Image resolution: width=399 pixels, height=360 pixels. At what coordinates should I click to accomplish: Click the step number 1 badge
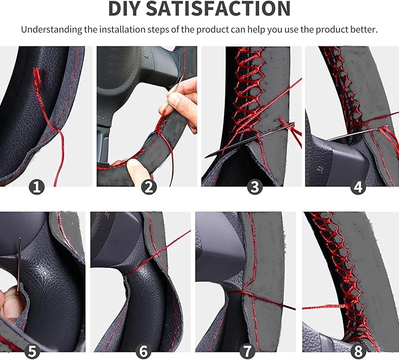(36, 187)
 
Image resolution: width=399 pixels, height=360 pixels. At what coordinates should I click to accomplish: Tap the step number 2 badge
(149, 187)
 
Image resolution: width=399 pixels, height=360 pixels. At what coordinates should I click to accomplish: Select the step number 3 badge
(254, 187)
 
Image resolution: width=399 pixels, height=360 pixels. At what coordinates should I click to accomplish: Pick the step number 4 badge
(358, 187)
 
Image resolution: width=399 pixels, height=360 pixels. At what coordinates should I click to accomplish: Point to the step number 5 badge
(32, 351)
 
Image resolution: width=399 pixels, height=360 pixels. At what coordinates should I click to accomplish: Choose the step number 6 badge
(143, 351)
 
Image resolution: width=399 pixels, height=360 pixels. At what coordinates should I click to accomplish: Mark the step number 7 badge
(247, 351)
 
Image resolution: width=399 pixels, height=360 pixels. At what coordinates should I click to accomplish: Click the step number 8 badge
(358, 351)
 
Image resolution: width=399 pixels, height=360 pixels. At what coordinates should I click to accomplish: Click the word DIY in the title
(124, 8)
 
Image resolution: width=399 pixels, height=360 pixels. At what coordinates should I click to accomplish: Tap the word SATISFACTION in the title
(218, 8)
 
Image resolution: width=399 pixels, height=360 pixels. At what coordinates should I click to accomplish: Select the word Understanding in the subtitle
(51, 30)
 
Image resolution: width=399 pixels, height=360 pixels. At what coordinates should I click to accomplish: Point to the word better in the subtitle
(364, 29)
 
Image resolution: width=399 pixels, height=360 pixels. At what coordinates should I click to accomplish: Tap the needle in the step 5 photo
(19, 265)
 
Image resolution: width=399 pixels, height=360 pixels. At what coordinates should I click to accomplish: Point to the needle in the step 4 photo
(357, 133)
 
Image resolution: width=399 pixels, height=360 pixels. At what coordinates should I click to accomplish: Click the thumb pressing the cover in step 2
(138, 170)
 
